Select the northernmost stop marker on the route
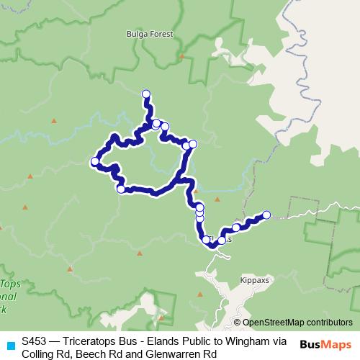coord(146,94)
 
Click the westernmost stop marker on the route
coord(94,161)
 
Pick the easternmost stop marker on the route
coord(266,215)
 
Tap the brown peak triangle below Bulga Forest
coord(182,55)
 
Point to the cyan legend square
coord(10,344)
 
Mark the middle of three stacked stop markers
coord(199,212)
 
